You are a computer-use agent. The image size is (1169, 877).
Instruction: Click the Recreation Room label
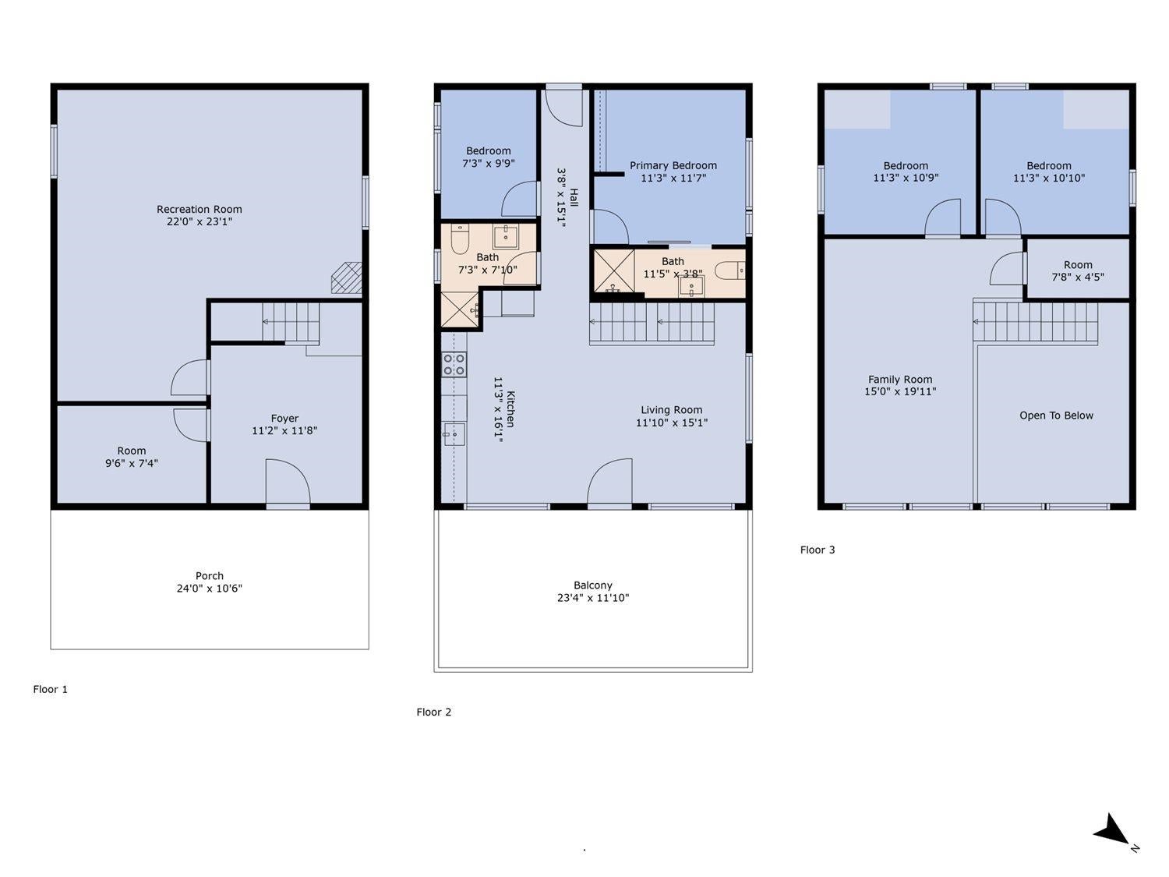pos(200,209)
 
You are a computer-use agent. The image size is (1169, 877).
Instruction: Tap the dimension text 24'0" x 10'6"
pos(210,589)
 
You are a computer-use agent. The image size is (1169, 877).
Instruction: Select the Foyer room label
pos(284,419)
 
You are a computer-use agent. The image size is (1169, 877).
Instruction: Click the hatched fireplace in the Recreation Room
pos(347,278)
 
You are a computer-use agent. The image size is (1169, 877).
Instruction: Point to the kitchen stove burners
pos(454,365)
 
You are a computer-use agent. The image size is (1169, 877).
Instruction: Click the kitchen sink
pos(454,434)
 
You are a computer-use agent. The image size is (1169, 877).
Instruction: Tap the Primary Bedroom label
pos(673,165)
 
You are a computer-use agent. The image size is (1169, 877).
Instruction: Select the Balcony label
pos(593,585)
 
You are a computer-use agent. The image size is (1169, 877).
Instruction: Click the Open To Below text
pos(1056,416)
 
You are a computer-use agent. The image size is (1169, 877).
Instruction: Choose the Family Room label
pos(900,380)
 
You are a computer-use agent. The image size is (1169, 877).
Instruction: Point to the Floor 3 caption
pos(818,550)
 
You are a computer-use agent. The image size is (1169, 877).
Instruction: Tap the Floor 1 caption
pos(50,690)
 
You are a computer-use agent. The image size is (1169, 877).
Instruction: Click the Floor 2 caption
pos(433,713)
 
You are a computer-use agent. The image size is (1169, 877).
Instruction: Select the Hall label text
pos(574,197)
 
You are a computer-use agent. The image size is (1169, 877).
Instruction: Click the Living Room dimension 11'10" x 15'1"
pos(672,423)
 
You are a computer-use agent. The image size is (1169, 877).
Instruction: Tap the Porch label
pos(210,576)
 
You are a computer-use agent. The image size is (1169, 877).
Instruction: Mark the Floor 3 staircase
pos(1035,322)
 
